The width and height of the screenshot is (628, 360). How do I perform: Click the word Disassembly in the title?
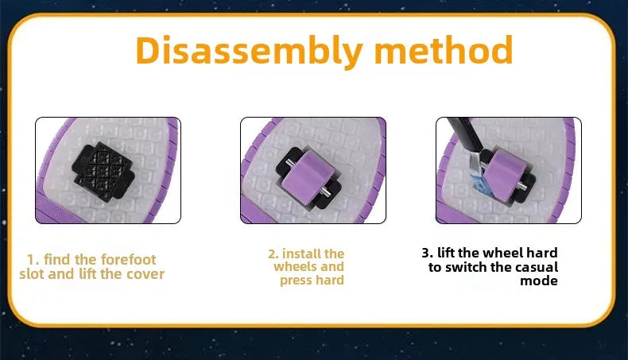point(249,51)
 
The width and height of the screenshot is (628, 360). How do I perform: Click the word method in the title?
point(444,49)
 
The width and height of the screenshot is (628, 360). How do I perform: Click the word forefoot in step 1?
point(128,260)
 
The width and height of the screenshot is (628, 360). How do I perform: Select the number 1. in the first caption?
point(33,260)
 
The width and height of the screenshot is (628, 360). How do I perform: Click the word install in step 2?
point(301,254)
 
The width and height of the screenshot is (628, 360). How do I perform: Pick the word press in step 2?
point(294,281)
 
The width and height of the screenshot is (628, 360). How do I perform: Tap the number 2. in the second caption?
point(273,254)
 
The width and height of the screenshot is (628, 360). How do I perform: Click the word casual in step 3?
point(537,267)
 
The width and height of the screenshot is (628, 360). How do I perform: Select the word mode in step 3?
point(539,281)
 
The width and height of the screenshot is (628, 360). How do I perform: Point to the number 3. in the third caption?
point(428,253)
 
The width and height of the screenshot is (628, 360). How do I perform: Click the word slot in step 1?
point(33,274)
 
